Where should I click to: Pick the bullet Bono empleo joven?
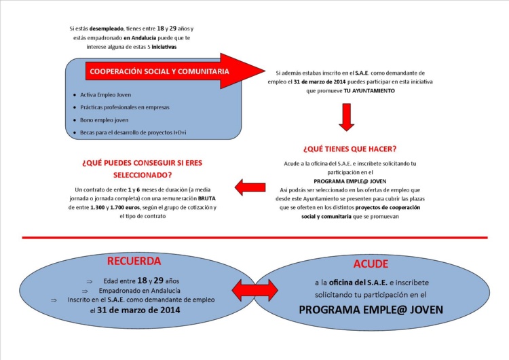(x=105, y=120)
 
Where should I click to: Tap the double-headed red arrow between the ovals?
(x=254, y=290)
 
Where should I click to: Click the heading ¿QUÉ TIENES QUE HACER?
(x=350, y=149)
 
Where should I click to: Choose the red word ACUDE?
(x=371, y=264)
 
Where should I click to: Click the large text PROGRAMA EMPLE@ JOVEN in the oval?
(x=371, y=310)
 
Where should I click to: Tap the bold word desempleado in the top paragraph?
(x=106, y=29)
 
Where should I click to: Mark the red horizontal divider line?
(x=254, y=238)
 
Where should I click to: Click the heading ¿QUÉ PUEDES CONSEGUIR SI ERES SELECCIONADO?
(x=142, y=168)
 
